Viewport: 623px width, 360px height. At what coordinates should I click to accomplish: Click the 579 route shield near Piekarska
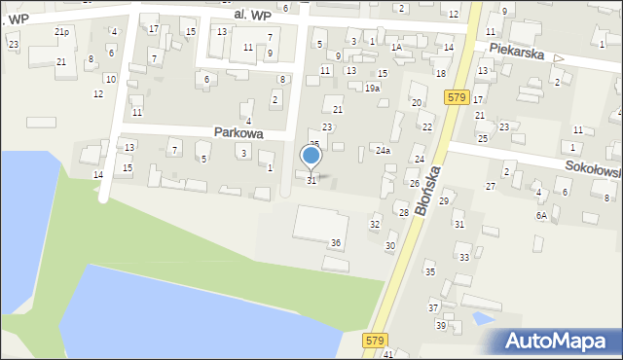coord(458,98)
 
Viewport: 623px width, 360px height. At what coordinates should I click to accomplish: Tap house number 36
coord(336,242)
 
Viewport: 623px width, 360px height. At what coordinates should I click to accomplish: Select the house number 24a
coord(384,151)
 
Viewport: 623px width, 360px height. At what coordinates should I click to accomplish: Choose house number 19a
coord(372,89)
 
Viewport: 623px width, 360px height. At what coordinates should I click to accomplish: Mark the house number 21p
coord(61,32)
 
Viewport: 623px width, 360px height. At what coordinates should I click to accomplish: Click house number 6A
coord(540,215)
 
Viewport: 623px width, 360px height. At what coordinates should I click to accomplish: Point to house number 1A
coord(396,47)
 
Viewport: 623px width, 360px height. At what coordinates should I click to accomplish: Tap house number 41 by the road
coord(388,354)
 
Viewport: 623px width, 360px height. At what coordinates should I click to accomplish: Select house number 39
coord(440,325)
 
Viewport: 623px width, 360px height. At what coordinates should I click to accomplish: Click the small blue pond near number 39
coord(481,318)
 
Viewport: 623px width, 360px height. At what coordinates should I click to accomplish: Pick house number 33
coord(464,258)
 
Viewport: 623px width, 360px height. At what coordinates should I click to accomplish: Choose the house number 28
coord(403,212)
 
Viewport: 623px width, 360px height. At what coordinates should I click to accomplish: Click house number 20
coord(417,103)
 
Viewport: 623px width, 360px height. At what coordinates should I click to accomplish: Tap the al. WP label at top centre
coord(252,16)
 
